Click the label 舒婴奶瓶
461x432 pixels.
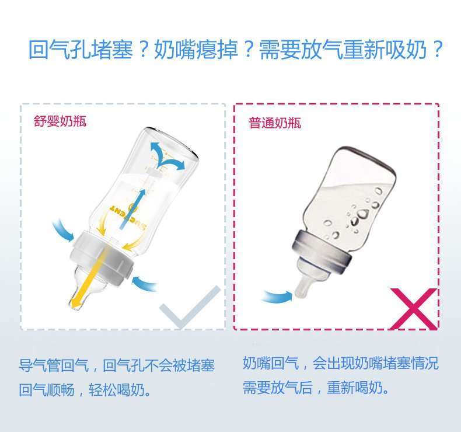(60, 121)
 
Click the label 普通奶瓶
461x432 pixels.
(275, 123)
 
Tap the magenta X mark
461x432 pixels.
(413, 308)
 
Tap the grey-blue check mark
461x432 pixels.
(190, 307)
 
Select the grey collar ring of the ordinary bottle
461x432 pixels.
(323, 252)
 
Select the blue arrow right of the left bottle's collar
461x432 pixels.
(144, 284)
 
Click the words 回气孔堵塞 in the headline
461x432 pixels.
(81, 50)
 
